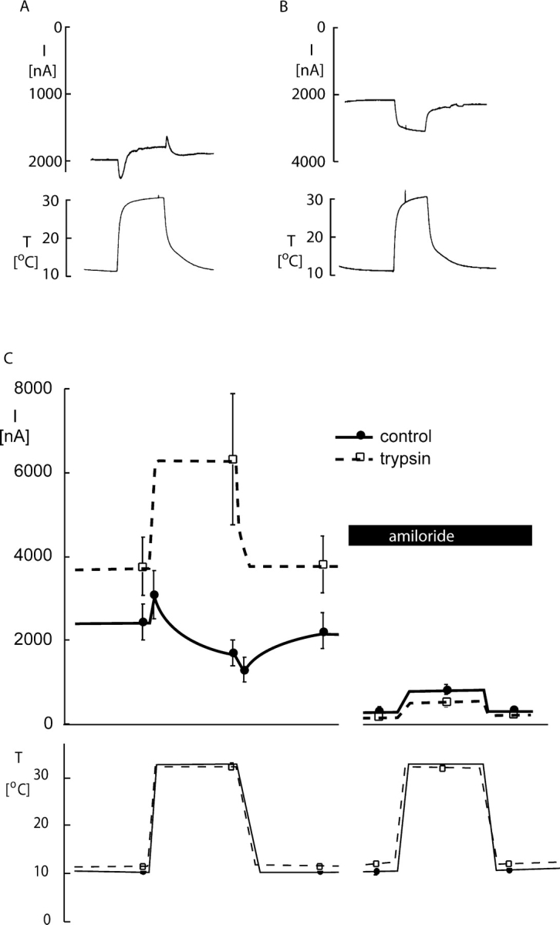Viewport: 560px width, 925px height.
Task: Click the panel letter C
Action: click(x=8, y=359)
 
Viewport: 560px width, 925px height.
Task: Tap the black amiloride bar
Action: click(x=440, y=535)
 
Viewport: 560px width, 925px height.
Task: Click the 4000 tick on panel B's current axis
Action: click(x=309, y=161)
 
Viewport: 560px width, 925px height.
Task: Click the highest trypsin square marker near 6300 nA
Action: click(x=233, y=460)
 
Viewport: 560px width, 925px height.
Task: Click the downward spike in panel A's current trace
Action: click(x=121, y=177)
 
